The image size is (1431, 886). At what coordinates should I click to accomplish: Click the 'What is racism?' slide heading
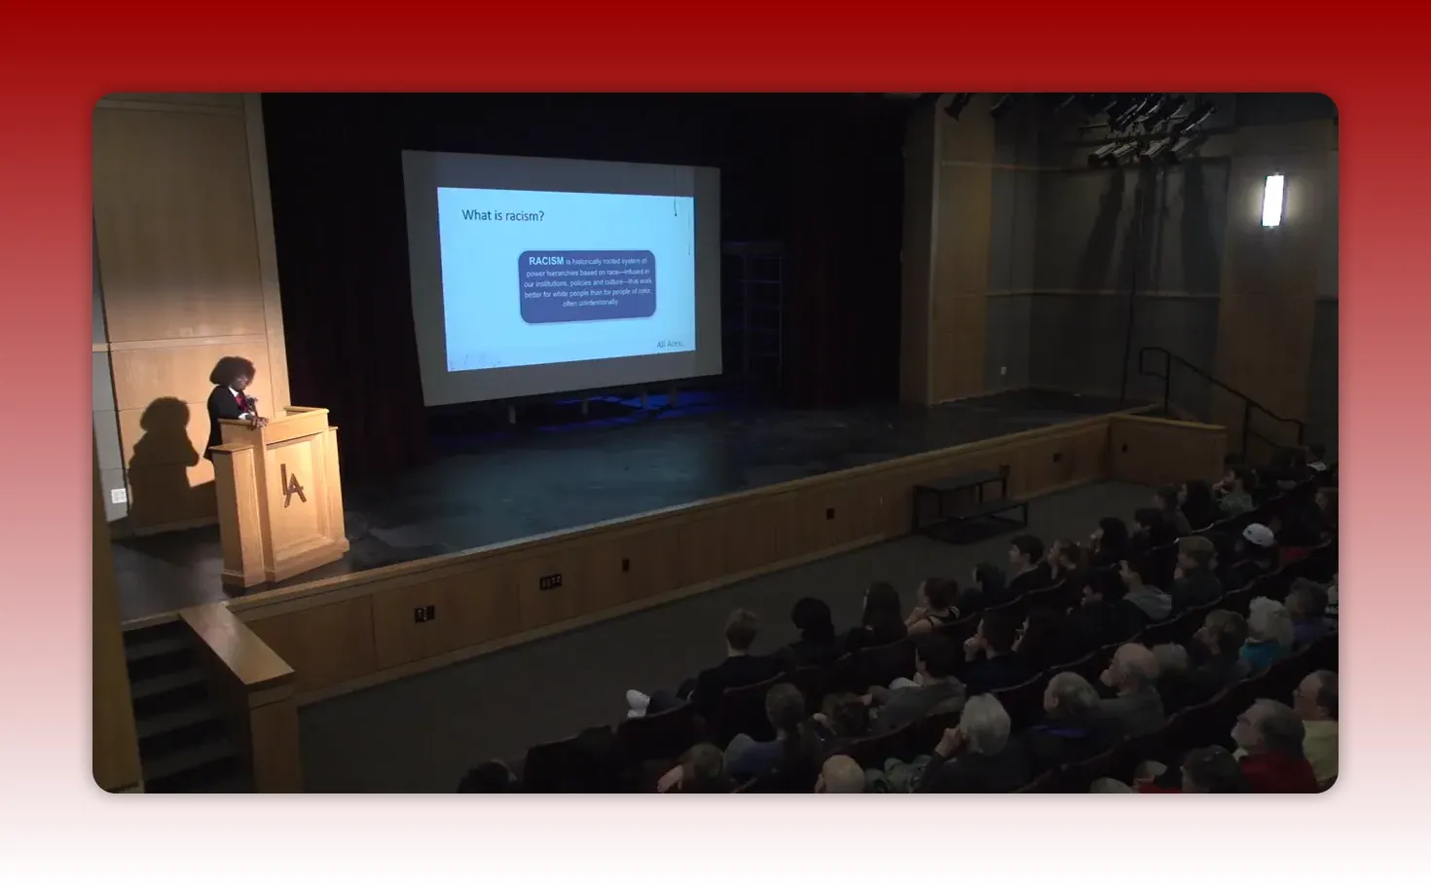coord(502,215)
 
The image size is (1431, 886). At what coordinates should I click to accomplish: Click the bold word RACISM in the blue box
coord(545,261)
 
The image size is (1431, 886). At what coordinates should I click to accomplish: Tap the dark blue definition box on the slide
coord(587,285)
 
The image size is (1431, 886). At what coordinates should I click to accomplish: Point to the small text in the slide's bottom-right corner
coord(670,344)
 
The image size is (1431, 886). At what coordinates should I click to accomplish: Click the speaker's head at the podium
coord(232,372)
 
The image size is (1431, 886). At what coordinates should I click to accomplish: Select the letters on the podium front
coord(292,484)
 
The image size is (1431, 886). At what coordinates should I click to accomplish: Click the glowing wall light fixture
coord(1272,200)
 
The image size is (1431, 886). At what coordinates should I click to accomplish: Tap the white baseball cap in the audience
coord(1258,535)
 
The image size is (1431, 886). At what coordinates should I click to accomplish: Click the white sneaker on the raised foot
coord(638,701)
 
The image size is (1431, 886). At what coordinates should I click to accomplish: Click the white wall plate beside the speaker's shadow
coord(119,496)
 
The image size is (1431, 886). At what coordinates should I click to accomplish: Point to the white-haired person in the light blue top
coord(1266,633)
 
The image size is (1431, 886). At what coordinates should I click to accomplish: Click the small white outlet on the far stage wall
coord(1003,370)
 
